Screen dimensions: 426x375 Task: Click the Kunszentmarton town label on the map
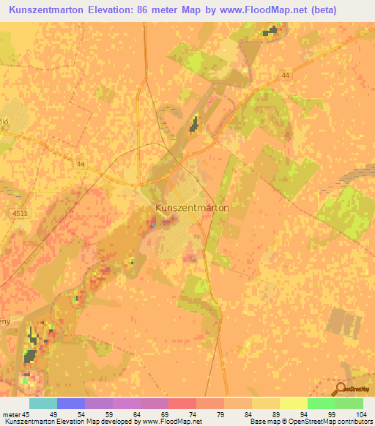192,208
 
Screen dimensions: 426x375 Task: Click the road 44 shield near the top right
285,75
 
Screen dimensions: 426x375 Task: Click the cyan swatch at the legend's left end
43,403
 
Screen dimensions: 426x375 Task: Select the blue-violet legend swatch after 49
71,403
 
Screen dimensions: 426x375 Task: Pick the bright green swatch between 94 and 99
322,403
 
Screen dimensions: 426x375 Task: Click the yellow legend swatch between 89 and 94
294,403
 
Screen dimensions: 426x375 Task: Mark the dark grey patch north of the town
194,124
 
